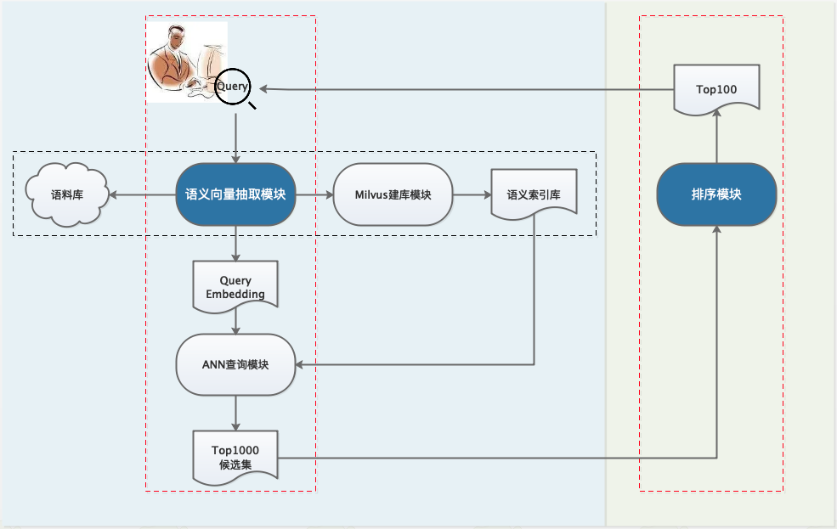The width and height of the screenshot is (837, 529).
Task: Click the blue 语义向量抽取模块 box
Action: coord(235,194)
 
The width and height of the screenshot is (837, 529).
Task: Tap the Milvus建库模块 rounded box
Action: coord(393,194)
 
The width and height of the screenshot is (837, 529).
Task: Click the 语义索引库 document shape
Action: coord(533,194)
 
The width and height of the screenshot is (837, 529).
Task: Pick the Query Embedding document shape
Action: coord(235,286)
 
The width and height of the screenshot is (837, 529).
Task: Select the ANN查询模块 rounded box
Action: coord(235,364)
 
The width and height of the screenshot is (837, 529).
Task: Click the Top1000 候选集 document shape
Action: coord(235,455)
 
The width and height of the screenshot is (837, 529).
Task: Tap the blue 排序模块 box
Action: coord(716,194)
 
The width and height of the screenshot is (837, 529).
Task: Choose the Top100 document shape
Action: coord(716,87)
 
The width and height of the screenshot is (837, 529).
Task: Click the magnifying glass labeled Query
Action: coord(233,87)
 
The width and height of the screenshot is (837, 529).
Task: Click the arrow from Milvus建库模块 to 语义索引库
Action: coord(472,194)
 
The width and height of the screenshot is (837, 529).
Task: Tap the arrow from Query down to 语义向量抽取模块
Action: coord(235,136)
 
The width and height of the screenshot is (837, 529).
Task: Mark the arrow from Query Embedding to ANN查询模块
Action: coord(235,321)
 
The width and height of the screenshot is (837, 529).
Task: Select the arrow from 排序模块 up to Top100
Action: coord(716,138)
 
